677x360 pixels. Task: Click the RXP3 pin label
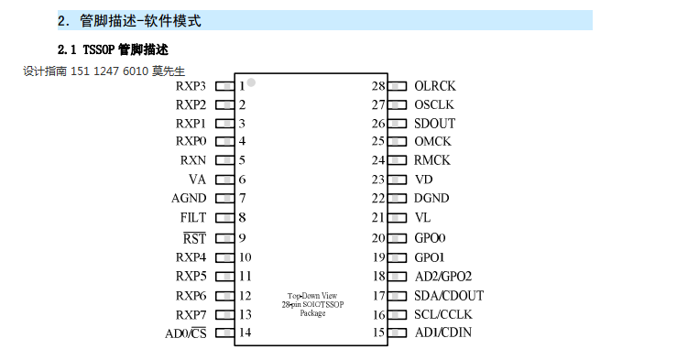point(191,86)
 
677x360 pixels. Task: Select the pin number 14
point(245,333)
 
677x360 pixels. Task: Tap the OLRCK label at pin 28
point(434,86)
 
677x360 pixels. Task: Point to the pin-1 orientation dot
point(251,83)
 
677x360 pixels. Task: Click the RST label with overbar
point(195,238)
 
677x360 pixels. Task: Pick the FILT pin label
point(193,218)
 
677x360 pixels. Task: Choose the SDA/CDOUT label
point(448,295)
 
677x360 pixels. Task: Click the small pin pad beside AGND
point(224,199)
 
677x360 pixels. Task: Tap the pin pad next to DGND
point(397,199)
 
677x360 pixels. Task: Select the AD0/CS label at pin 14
point(186,333)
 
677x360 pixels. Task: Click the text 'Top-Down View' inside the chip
point(312,296)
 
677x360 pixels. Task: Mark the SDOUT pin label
point(434,124)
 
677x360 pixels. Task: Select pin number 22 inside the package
point(377,199)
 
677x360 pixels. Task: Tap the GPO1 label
point(430,257)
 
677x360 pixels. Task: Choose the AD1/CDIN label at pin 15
point(443,333)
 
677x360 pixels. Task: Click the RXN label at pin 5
point(193,160)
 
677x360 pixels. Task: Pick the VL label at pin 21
point(422,218)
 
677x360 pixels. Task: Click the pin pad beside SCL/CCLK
point(397,314)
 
